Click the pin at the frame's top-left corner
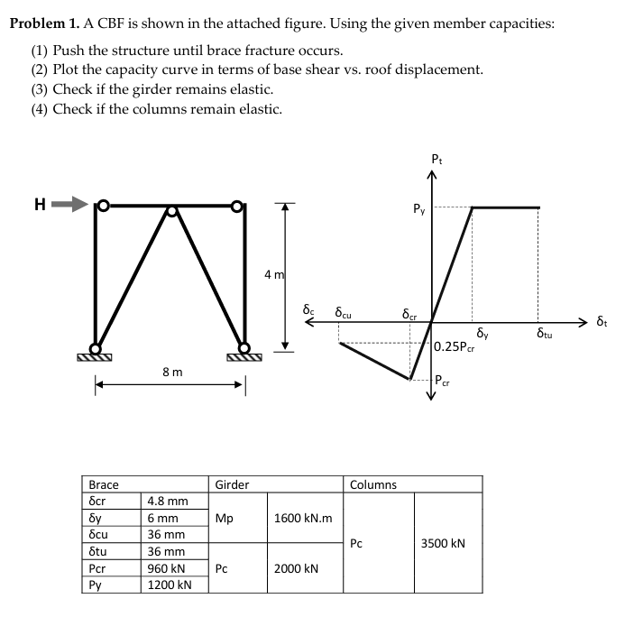(104, 205)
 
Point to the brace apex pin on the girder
(171, 211)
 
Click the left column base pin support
(95, 348)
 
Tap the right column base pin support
(244, 348)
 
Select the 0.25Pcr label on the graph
(454, 346)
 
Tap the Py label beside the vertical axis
(419, 212)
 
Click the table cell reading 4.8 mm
(167, 501)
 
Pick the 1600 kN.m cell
(302, 518)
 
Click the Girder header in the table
(232, 484)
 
